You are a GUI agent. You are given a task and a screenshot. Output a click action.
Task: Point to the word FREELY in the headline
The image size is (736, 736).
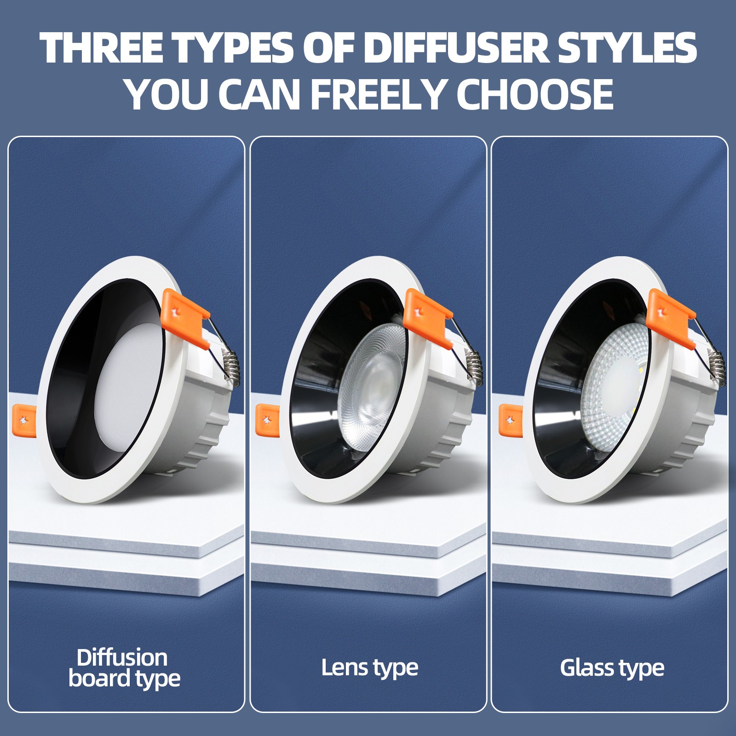379,94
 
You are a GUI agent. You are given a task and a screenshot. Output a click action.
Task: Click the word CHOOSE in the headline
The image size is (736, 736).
535,94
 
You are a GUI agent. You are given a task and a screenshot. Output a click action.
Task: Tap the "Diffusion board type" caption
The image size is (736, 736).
124,668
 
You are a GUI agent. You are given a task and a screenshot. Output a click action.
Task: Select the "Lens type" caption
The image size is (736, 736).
370,668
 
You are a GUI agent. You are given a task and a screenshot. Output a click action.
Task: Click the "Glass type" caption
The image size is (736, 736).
612,668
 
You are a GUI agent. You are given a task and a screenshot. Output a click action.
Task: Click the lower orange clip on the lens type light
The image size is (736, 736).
266,420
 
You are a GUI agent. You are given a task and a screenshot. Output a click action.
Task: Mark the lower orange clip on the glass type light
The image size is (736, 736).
509,420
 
